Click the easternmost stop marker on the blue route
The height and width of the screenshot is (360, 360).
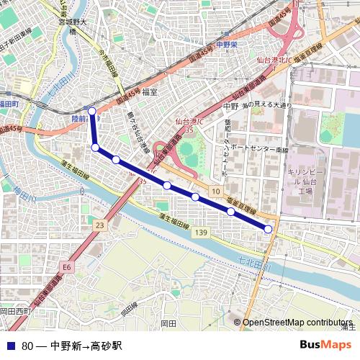tap(268, 228)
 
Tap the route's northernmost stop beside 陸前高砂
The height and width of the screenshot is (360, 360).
tap(92, 111)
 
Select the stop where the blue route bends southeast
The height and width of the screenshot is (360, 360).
tap(95, 147)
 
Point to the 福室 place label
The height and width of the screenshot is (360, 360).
tap(150, 91)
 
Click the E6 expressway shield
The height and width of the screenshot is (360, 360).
tap(67, 267)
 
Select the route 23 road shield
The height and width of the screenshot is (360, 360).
tap(99, 226)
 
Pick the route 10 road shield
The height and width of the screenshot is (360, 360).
tap(215, 190)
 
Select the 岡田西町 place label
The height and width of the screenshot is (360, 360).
tap(14, 310)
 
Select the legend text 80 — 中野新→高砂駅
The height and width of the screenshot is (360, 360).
tap(72, 346)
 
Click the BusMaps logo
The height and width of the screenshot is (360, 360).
tap(325, 345)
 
